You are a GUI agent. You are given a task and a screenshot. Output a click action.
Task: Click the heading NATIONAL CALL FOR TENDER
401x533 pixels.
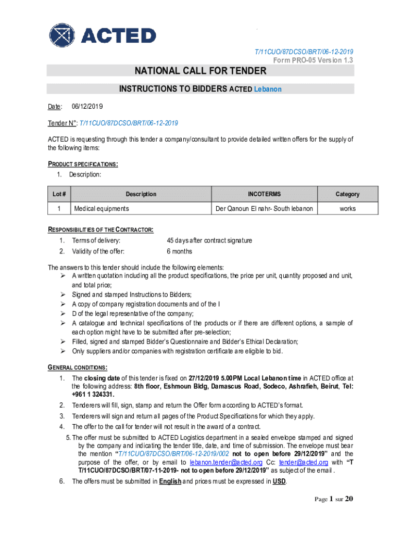pos(200,71)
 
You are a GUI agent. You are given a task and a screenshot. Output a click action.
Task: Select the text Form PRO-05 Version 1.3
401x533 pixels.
pos(314,60)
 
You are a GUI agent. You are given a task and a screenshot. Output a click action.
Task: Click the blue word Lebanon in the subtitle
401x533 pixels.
pos(268,89)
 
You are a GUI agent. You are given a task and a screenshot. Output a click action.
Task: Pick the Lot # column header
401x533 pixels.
pos(59,194)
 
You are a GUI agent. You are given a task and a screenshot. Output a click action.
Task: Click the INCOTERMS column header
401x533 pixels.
pos(264,194)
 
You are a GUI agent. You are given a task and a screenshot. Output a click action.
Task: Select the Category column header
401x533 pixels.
pos(347,194)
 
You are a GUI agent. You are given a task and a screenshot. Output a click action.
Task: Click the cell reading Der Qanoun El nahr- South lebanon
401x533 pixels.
pos(264,209)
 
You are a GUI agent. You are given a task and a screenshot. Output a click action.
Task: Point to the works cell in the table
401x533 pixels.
pos(347,209)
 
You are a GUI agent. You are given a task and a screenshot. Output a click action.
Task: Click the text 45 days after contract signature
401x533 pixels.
pos(209,240)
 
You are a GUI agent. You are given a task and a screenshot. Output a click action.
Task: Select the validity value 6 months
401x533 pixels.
pos(179,251)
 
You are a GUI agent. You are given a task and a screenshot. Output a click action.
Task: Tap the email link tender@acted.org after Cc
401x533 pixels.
pos(303,462)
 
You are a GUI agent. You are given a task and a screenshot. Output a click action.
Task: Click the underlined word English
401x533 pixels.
pos(170,481)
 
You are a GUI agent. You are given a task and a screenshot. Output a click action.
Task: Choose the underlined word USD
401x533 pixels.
pos(279,481)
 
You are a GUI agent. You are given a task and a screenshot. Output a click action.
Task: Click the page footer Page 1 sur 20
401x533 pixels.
pos(334,499)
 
